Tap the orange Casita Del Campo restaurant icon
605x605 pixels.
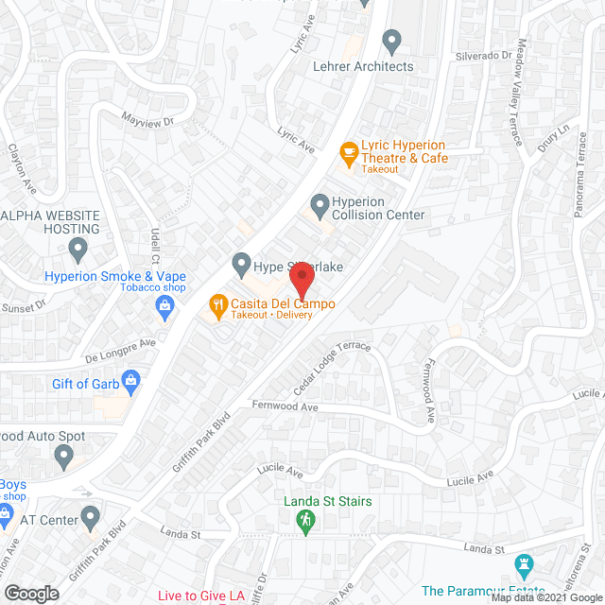(216, 304)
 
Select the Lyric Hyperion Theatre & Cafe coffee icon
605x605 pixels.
(349, 152)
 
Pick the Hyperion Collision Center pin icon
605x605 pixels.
(320, 203)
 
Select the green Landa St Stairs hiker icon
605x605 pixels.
(304, 520)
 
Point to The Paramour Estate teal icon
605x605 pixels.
(523, 565)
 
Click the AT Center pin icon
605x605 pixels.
(90, 518)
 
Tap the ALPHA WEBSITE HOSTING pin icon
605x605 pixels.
(78, 251)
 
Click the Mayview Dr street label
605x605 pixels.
(148, 120)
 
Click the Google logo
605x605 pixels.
(30, 594)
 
